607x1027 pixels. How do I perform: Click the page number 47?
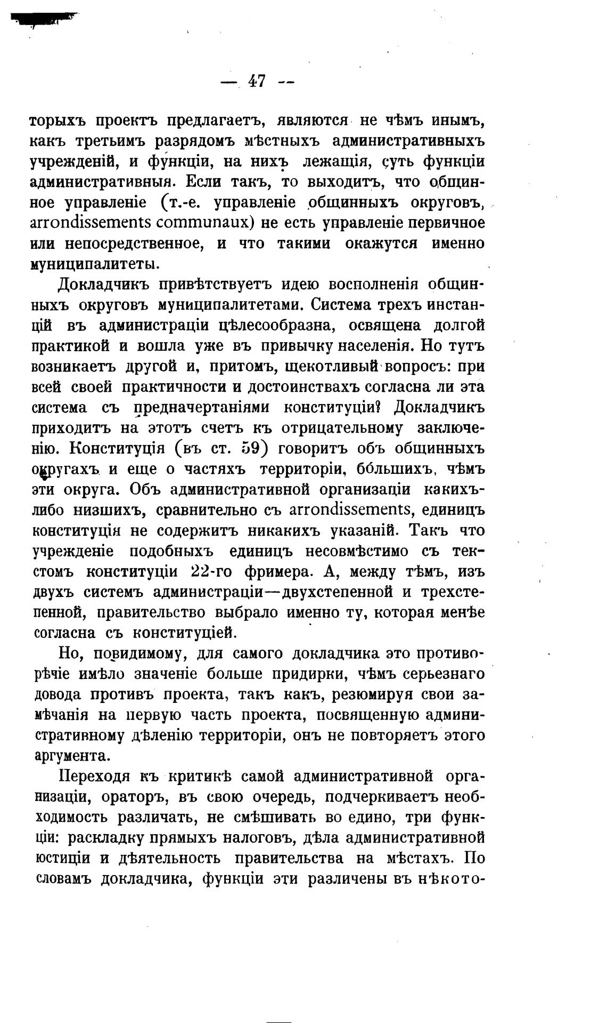(257, 82)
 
